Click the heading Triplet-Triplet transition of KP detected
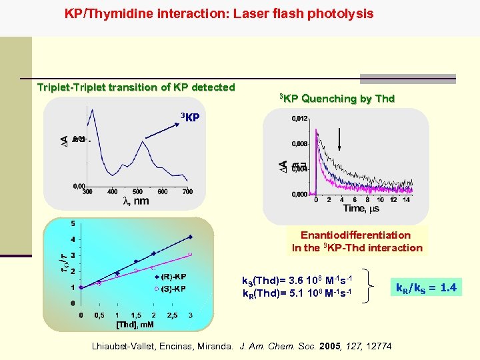pos(136,87)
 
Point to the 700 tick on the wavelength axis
pos(187,192)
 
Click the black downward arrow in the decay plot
pos(340,141)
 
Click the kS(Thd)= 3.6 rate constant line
pos(297,279)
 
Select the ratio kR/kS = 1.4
pos(426,288)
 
